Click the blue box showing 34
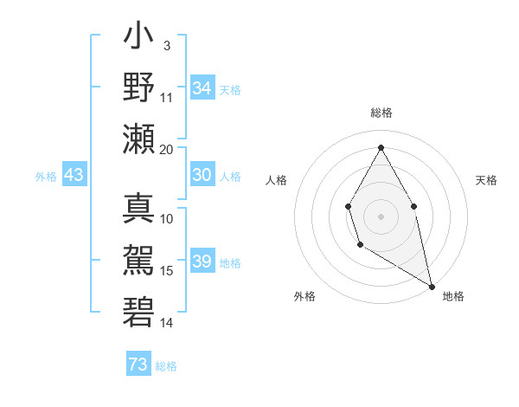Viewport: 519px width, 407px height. pos(202,88)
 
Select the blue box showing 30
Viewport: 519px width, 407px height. pos(202,175)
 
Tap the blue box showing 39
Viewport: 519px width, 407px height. pos(202,262)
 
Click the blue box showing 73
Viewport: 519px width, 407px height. pos(138,365)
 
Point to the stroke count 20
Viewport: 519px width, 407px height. pos(167,149)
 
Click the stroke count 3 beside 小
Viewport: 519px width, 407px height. pos(166,45)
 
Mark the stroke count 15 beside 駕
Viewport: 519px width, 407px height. pos(167,271)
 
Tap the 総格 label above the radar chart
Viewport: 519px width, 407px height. pos(381,113)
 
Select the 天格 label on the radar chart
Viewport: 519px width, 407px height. pos(486,180)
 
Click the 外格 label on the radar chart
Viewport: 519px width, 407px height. pos(304,296)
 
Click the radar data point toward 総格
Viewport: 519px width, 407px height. pos(381,147)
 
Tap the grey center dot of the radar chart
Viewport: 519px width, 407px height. pos(381,216)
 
